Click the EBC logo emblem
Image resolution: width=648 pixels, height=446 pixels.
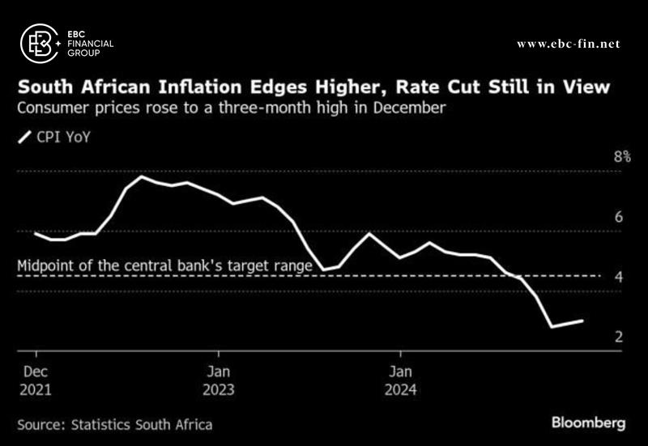39,42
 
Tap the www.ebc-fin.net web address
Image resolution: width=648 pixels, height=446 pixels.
568,43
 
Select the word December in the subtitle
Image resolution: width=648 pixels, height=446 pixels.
409,107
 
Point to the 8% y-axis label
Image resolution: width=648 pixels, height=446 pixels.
621,157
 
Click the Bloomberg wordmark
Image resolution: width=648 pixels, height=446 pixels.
589,423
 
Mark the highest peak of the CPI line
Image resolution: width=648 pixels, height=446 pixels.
142,176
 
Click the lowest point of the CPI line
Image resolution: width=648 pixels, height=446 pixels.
552,327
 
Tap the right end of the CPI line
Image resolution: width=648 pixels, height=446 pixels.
582,321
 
